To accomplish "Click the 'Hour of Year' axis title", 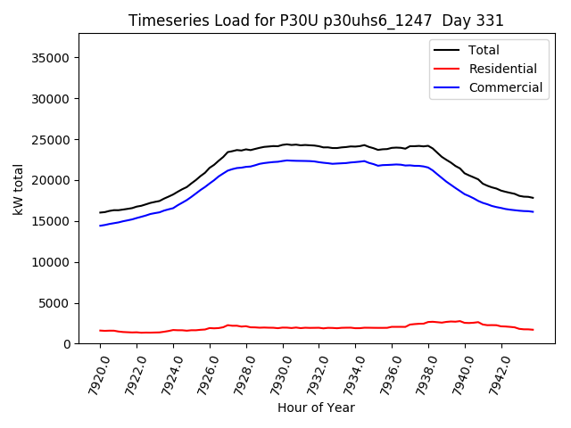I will [x=316, y=407].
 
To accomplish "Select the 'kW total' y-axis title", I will [x=18, y=188].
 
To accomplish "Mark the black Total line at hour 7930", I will [x=283, y=144].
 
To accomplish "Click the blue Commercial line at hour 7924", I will [x=173, y=208].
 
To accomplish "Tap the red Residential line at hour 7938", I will [x=428, y=322].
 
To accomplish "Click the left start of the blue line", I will [x=101, y=226].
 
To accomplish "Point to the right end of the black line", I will [x=533, y=198].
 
